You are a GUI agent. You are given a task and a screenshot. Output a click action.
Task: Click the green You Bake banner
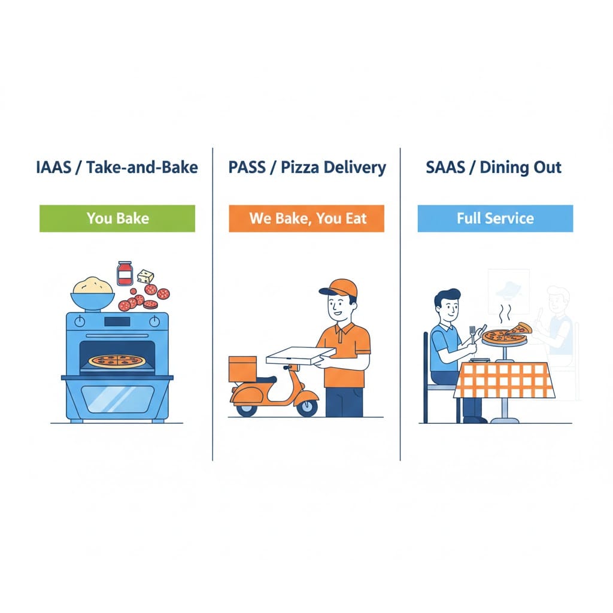pyautogui.click(x=117, y=219)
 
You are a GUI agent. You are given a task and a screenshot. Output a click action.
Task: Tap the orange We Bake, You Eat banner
pyautogui.click(x=306, y=219)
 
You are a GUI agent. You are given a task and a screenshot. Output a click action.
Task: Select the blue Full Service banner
pyautogui.click(x=495, y=219)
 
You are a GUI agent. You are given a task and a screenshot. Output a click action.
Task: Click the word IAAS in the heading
pyautogui.click(x=53, y=168)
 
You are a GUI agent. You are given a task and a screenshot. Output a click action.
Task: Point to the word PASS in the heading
pyautogui.click(x=247, y=168)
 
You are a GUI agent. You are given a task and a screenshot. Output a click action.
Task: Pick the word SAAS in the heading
pyautogui.click(x=445, y=168)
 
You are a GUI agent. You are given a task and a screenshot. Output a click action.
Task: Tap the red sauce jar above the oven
pyautogui.click(x=125, y=274)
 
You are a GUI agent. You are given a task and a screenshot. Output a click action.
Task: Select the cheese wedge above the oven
pyautogui.click(x=145, y=277)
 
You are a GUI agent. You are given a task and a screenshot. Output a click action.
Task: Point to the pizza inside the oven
pyautogui.click(x=117, y=361)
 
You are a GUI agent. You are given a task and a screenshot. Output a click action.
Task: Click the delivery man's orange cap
pyautogui.click(x=339, y=288)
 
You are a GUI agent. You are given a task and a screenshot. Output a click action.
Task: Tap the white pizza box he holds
pyautogui.click(x=301, y=356)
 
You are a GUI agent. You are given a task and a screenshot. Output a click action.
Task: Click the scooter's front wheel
pyautogui.click(x=307, y=407)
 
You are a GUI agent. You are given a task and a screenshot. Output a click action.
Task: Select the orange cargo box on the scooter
pyautogui.click(x=242, y=369)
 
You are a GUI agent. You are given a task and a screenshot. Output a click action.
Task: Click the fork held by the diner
pyautogui.click(x=473, y=335)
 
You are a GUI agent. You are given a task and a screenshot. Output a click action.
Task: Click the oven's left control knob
pyautogui.click(x=80, y=321)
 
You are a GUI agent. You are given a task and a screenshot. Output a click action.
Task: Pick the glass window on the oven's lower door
pyautogui.click(x=118, y=399)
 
